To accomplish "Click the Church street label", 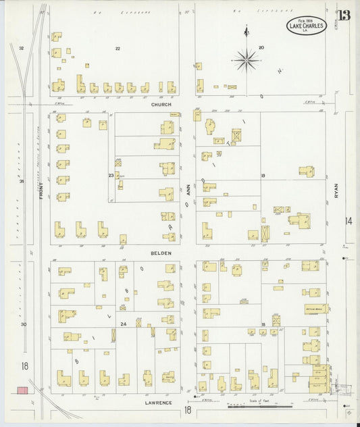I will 161,105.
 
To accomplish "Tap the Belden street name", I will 161,253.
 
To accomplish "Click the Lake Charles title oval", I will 307,26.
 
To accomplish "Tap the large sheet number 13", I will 344,16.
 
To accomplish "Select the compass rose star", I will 247,59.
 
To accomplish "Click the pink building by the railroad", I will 22,391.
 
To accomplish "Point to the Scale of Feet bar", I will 260,406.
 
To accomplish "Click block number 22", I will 118,49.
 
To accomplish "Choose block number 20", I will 261,48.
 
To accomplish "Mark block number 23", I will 111,176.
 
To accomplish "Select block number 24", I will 124,324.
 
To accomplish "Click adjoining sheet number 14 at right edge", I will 349,221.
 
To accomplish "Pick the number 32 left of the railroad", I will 22,49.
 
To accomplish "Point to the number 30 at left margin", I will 22,324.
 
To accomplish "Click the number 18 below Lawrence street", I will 188,409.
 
